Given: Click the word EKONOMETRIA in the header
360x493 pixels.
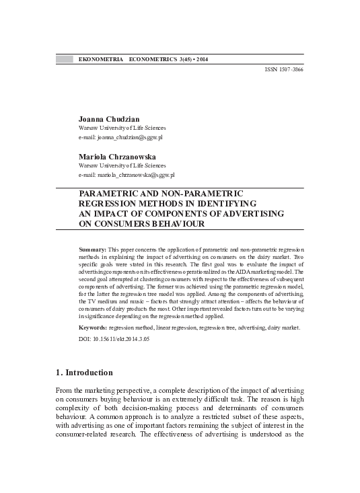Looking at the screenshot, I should (x=101, y=59).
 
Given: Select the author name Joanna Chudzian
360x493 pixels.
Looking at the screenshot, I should (x=108, y=118).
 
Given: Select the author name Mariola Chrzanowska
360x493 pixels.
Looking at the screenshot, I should (x=115, y=155).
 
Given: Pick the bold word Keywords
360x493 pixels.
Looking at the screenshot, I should (x=93, y=328).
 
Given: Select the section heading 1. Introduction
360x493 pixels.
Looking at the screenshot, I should (x=85, y=373).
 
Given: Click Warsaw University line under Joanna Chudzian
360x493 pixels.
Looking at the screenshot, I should (x=122, y=128).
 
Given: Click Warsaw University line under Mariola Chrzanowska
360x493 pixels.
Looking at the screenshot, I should (x=122, y=165).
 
